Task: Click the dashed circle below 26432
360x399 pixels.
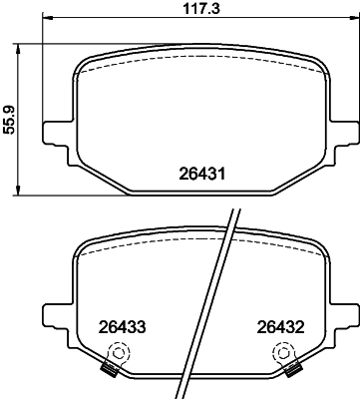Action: click(285, 353)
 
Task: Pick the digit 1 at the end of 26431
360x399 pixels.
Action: click(228, 174)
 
